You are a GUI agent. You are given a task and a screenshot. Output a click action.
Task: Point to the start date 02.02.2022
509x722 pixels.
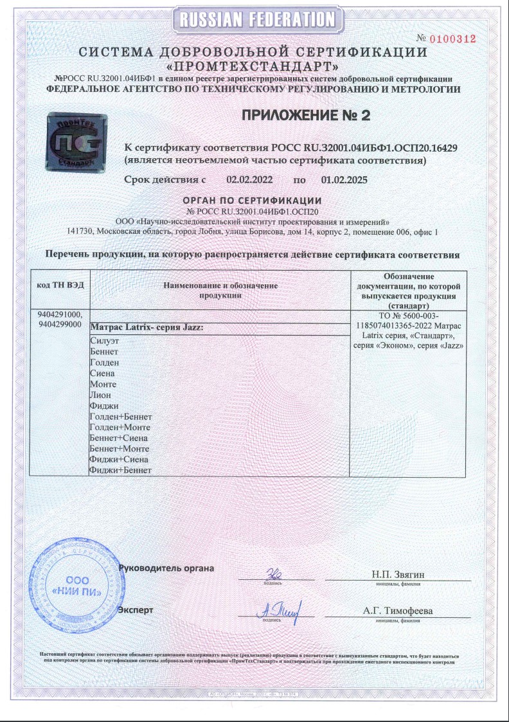(x=249, y=181)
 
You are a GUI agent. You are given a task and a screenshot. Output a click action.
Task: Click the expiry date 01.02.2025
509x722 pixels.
(x=344, y=181)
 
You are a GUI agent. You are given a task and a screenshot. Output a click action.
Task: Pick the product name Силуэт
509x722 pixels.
(x=106, y=342)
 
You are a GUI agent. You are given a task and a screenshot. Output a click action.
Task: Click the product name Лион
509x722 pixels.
(x=102, y=394)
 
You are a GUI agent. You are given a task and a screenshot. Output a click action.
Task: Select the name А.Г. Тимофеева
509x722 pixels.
(x=397, y=611)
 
